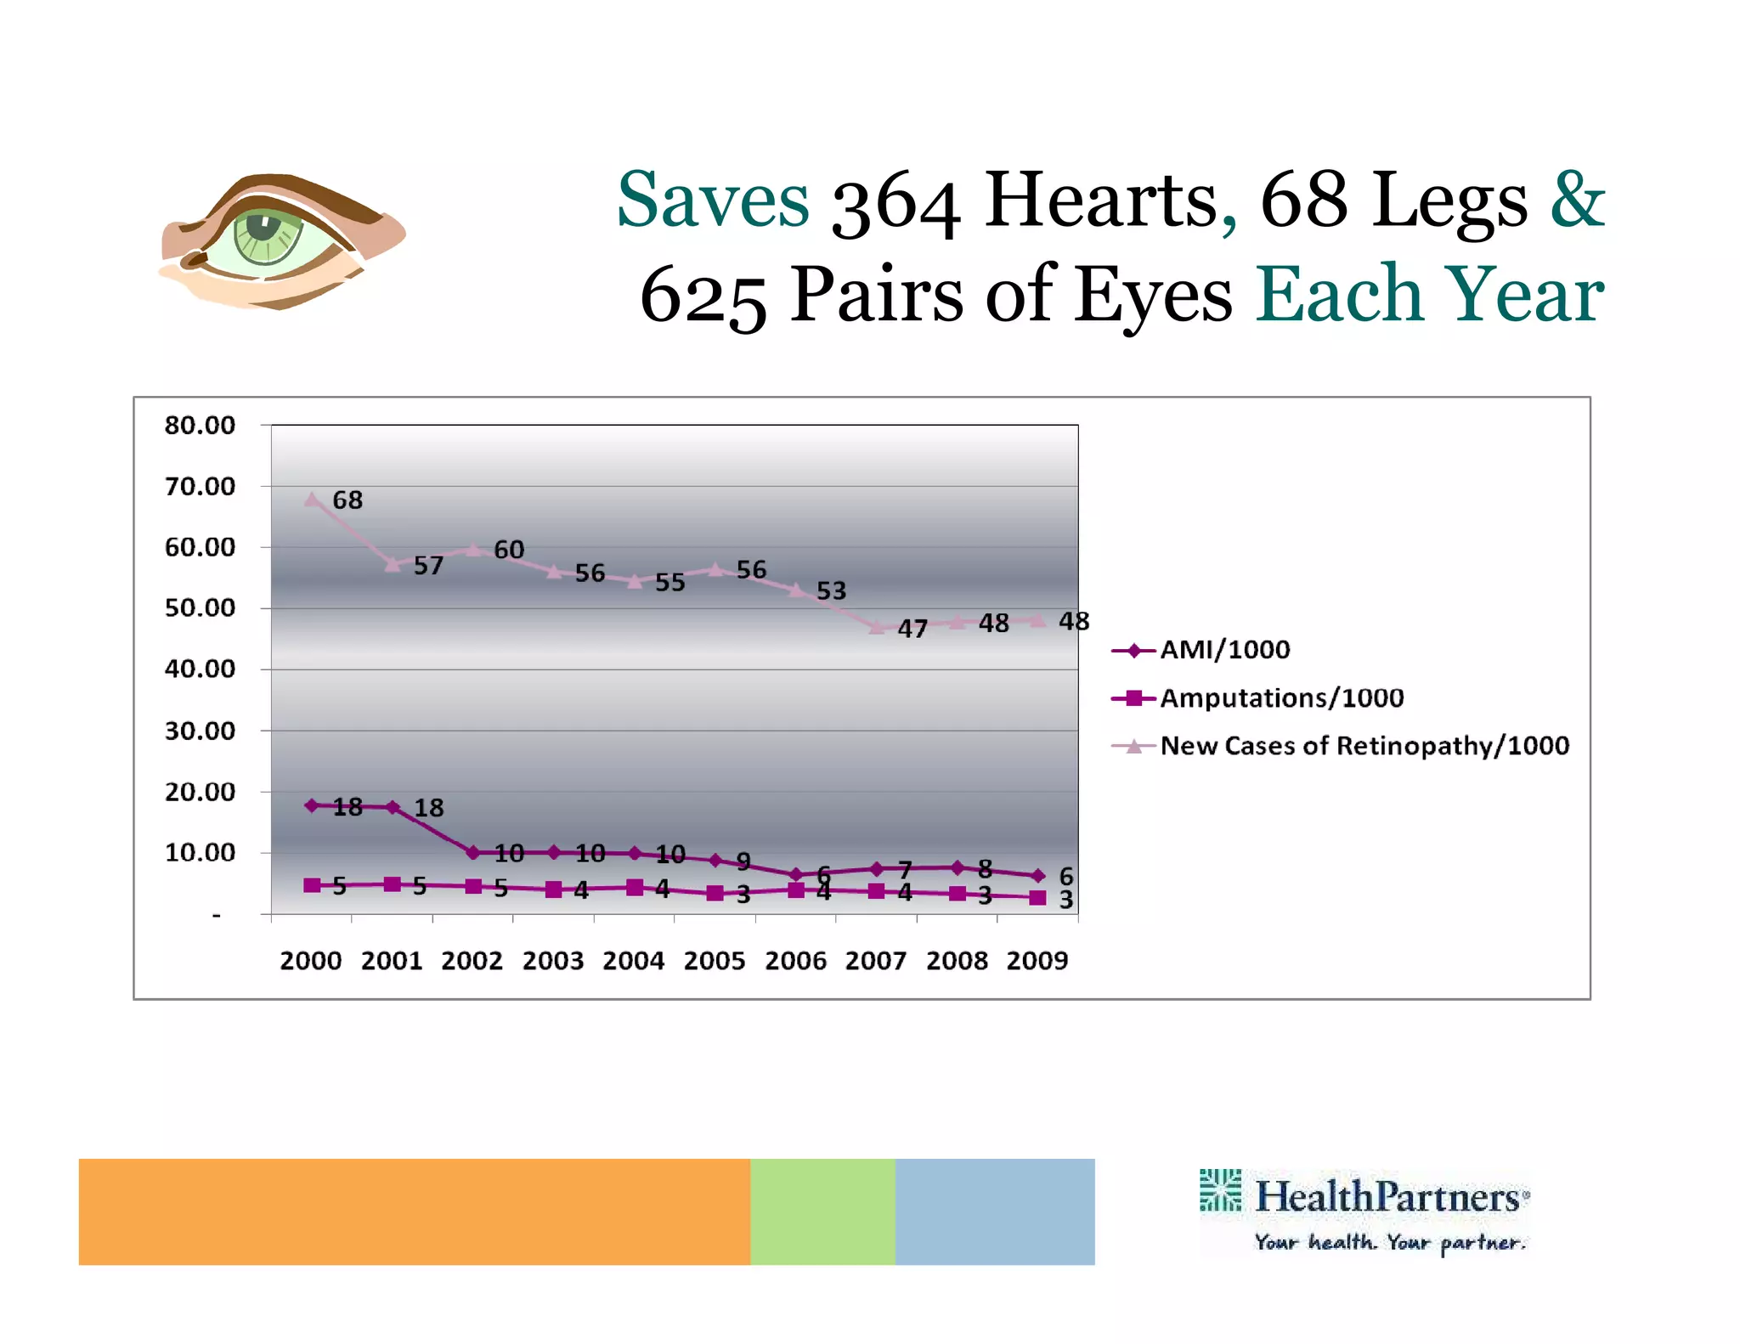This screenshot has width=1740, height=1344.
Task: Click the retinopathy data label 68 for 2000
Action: tap(347, 500)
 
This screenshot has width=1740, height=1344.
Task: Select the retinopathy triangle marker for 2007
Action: tap(877, 627)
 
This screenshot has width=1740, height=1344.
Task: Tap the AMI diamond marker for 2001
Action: tap(393, 806)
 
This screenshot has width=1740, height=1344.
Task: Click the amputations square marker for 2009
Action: tap(1037, 897)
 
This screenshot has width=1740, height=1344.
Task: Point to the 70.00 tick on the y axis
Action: tap(200, 487)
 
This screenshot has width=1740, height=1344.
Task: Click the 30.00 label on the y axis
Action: tap(200, 731)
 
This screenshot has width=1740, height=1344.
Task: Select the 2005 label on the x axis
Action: tap(715, 961)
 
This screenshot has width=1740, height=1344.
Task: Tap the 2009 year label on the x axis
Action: tap(1037, 961)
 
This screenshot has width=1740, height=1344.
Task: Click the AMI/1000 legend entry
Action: tap(1224, 650)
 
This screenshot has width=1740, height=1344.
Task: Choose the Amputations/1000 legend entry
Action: tap(1281, 698)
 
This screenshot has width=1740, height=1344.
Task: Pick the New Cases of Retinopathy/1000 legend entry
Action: tap(1364, 746)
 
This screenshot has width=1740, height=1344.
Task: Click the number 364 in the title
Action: tap(895, 202)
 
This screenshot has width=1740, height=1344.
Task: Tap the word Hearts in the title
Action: tap(1101, 200)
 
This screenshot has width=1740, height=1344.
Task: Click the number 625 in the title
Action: tap(703, 296)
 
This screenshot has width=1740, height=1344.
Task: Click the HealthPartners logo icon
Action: tap(1220, 1190)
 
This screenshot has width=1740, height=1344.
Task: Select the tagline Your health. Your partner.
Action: tap(1390, 1242)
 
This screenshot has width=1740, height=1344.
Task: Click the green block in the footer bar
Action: tap(822, 1211)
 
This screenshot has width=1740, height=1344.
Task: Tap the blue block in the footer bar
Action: tap(995, 1211)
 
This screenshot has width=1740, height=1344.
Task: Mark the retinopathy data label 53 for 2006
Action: tap(831, 590)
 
